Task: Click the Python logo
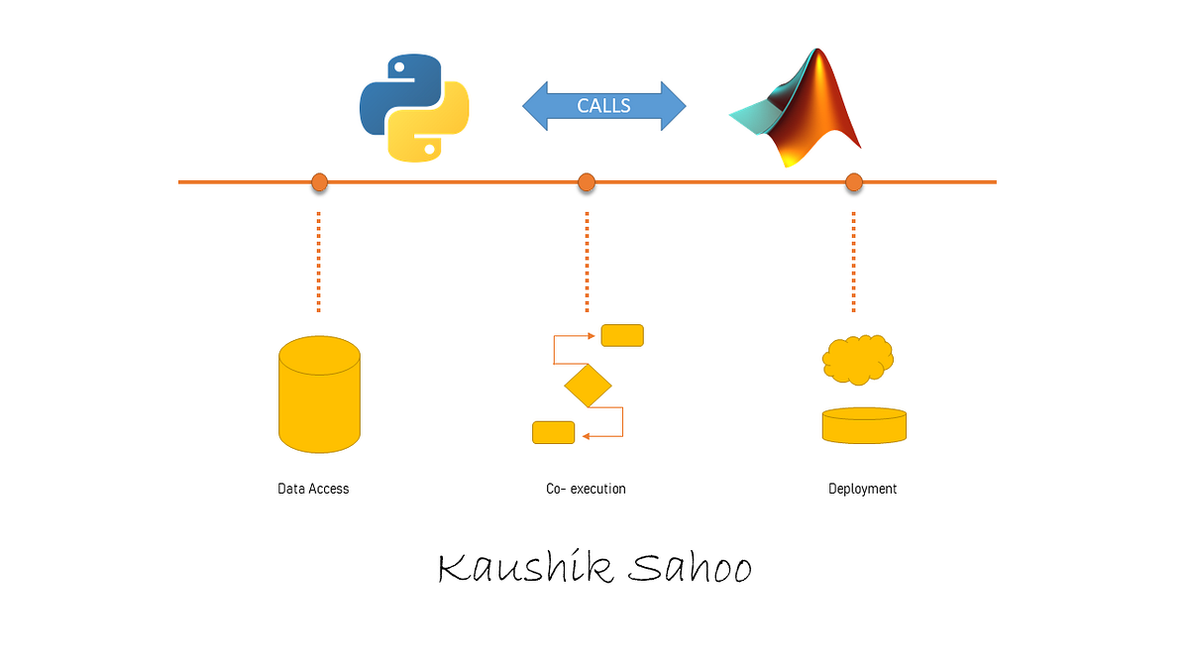[x=413, y=107]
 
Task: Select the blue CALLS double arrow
[x=603, y=105]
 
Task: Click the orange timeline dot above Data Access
[x=319, y=182]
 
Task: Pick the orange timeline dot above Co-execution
[x=587, y=182]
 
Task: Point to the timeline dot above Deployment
[x=854, y=182]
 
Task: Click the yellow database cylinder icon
[x=319, y=393]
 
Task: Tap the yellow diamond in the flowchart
[x=588, y=386]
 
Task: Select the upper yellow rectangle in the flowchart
[x=622, y=336]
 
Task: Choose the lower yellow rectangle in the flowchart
[x=553, y=432]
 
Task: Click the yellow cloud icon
[x=858, y=359]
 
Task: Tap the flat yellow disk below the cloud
[x=864, y=425]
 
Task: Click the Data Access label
[x=313, y=489]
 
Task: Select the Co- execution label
[x=586, y=489]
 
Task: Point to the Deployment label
[x=862, y=489]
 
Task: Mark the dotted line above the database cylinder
[x=319, y=262]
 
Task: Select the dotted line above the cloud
[x=854, y=262]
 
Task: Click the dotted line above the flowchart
[x=587, y=262]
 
